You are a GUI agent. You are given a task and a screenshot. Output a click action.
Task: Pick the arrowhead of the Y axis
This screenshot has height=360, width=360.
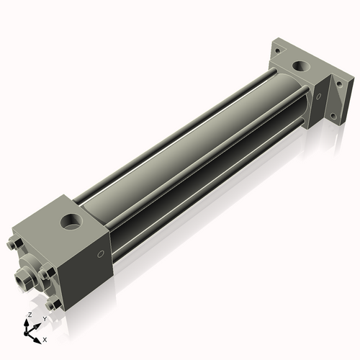pos(37,324)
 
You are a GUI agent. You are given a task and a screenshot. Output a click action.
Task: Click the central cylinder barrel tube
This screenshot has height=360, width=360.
pos(202,144)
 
